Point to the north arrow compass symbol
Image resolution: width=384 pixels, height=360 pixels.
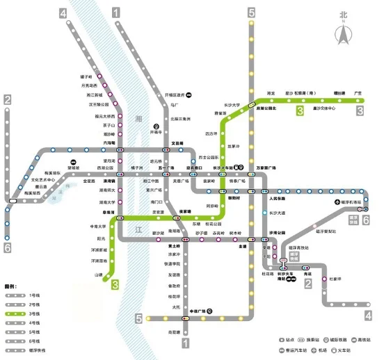pyautogui.click(x=342, y=29)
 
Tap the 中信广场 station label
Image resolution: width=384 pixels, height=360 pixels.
pyautogui.click(x=199, y=310)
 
